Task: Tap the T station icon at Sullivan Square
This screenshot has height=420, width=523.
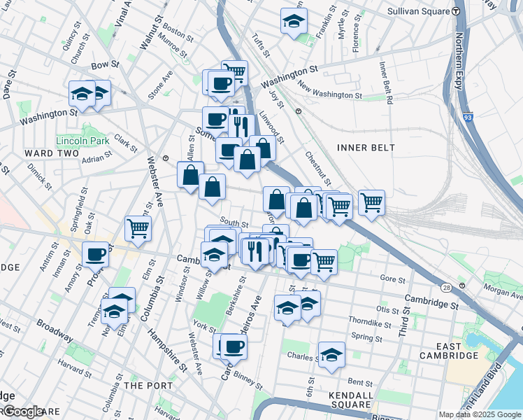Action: click(x=455, y=11)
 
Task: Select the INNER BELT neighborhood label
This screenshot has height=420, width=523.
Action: click(x=366, y=148)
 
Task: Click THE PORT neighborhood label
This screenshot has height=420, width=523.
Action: click(x=143, y=386)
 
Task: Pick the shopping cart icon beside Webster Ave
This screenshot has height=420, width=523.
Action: click(x=138, y=227)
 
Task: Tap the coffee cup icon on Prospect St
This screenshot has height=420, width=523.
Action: click(x=96, y=254)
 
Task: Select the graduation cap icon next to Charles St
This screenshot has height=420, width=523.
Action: click(x=331, y=354)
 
